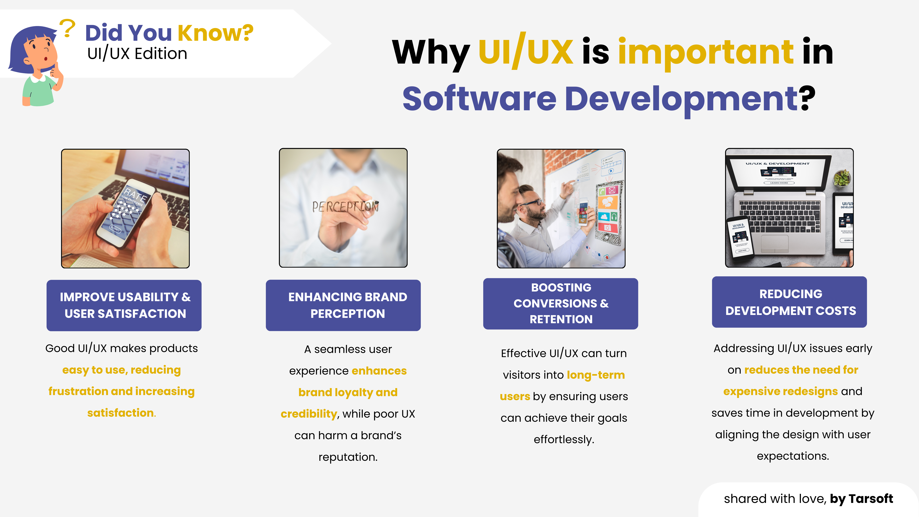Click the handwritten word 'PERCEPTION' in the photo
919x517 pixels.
345,206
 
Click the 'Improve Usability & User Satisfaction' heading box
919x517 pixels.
124,305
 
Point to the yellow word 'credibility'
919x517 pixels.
309,414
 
